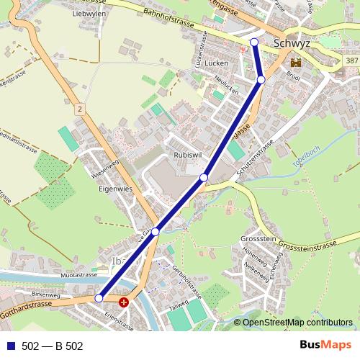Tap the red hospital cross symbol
(124, 302)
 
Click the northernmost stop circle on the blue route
(253, 42)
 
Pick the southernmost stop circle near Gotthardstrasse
(99, 297)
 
